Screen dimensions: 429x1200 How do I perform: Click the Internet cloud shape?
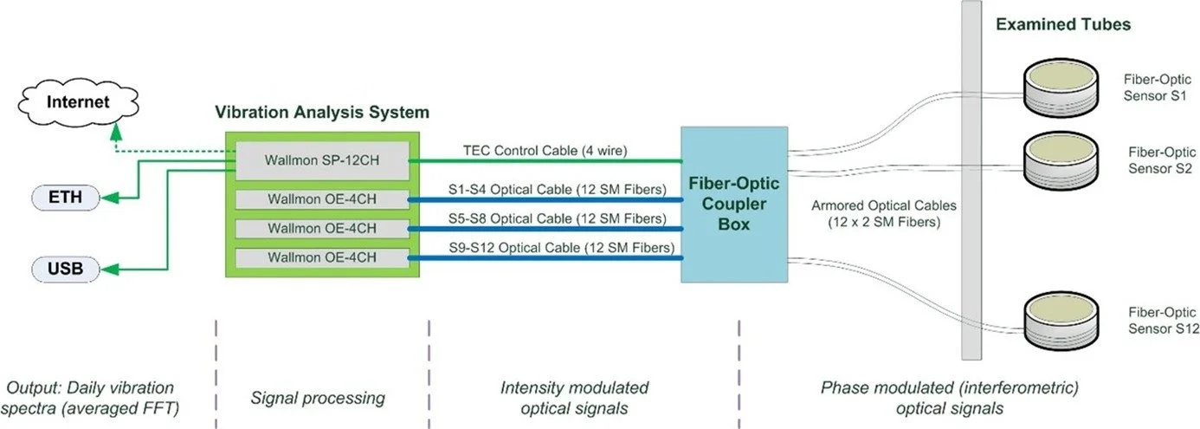click(78, 102)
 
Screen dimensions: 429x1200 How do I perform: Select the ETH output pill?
click(65, 198)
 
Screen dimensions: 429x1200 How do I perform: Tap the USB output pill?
click(65, 270)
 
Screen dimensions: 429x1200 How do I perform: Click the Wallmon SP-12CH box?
click(322, 160)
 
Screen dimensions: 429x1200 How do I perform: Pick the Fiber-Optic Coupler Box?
click(733, 205)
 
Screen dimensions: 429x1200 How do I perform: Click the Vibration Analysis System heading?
click(323, 113)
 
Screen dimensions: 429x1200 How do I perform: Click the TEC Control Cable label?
click(545, 151)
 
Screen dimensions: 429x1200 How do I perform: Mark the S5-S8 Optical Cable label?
click(545, 218)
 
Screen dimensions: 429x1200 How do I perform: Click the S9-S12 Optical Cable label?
click(545, 248)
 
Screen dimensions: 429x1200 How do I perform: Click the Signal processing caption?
click(317, 398)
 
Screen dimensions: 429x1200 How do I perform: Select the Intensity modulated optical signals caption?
click(574, 398)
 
